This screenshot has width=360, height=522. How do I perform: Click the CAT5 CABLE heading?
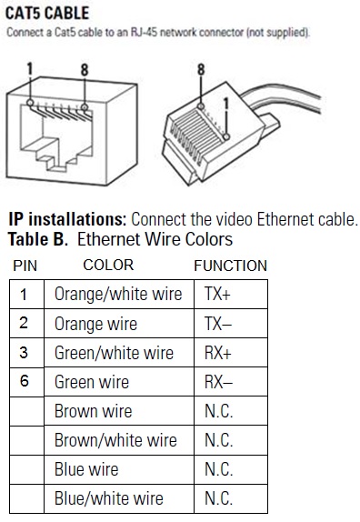pos(47,14)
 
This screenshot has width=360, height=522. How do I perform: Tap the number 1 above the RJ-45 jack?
pos(30,69)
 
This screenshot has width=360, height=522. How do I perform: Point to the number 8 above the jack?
pos(85,70)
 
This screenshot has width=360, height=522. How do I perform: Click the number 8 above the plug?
pos(201,70)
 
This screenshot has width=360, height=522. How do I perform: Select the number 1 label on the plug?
pos(226,104)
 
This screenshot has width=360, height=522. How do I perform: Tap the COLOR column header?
pos(108,265)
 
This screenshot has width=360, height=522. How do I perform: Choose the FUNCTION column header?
pos(231,266)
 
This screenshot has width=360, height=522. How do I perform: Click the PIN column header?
pos(25,266)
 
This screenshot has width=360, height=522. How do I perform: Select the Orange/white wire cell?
pos(119,295)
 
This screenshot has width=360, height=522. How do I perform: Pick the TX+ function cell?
pos(231,295)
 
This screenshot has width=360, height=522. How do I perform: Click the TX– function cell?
pos(231,324)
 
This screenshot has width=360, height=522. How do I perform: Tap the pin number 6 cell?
pos(26,382)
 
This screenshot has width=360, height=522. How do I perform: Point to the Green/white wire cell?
pos(119,353)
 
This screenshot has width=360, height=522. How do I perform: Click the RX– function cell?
pos(231,382)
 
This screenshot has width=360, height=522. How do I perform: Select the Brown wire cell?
pos(119,411)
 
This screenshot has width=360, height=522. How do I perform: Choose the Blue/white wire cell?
pos(119,498)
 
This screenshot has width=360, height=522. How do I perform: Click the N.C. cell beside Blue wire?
pos(231,469)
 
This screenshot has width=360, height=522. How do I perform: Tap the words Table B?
pos(38,239)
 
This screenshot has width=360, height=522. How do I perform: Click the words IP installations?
pos(67,219)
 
